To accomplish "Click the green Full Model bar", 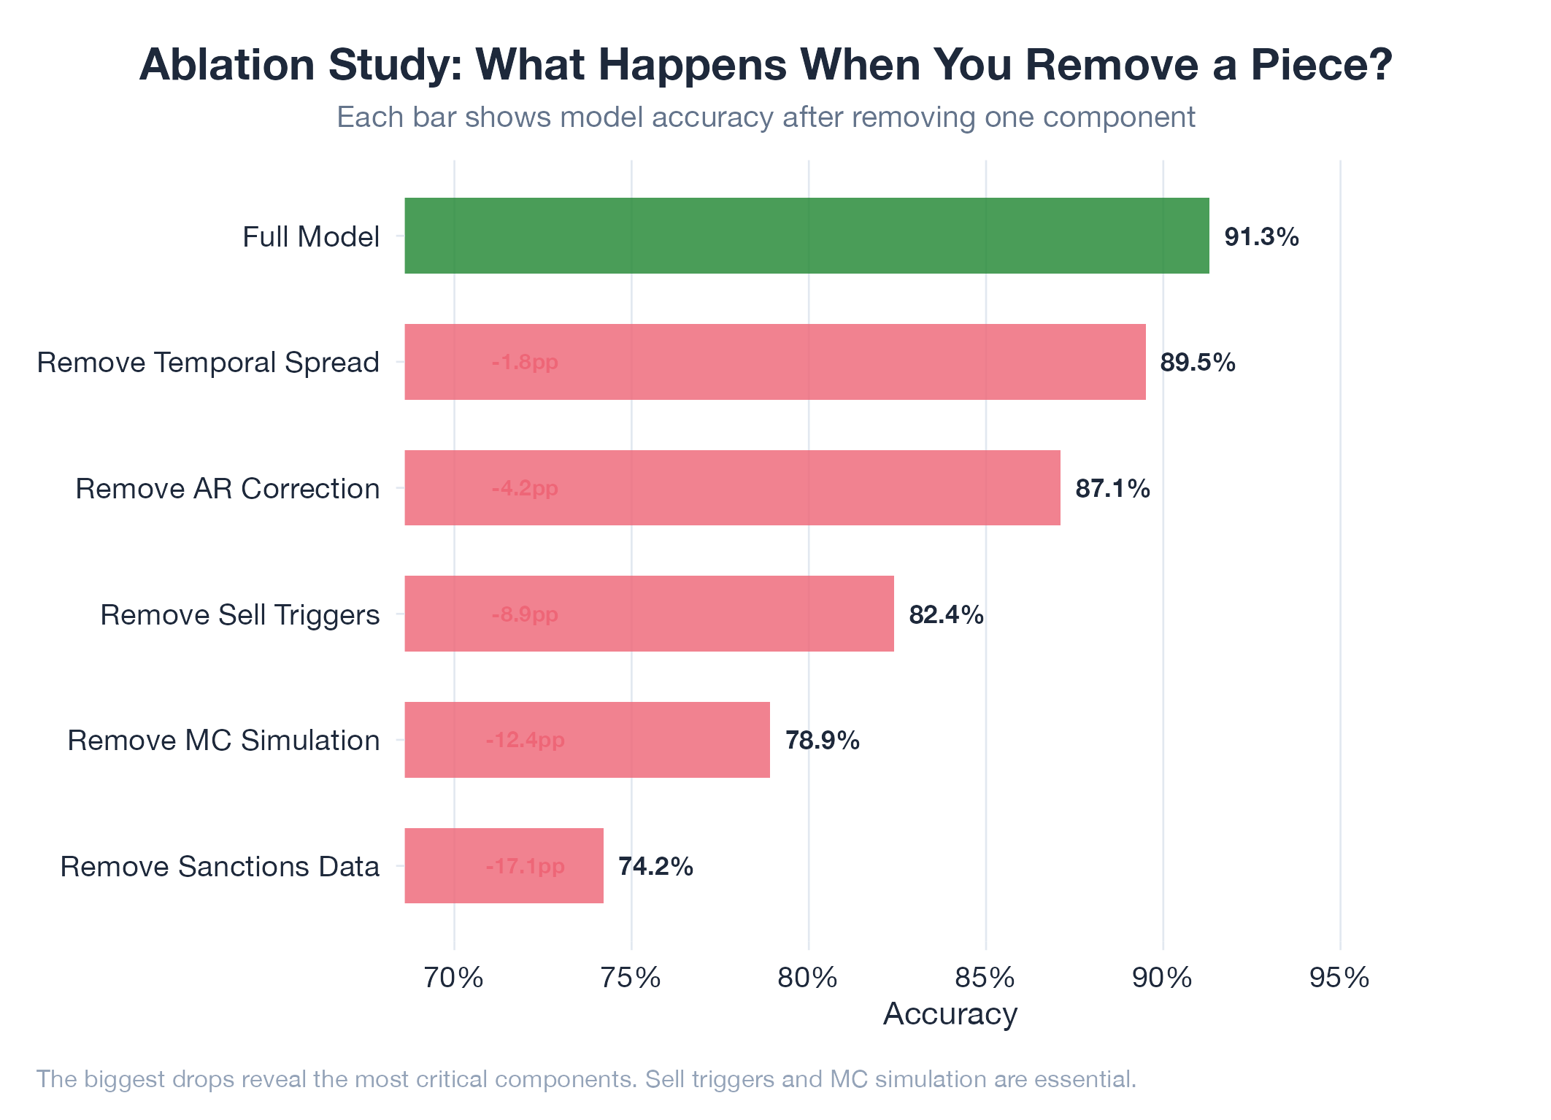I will point(807,236).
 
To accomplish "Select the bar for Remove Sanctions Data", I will point(504,865).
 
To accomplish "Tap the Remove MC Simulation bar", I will point(587,740).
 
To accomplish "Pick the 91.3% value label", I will point(1261,237).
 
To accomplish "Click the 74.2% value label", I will point(655,866).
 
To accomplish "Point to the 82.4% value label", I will point(946,615).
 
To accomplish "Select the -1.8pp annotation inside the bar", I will point(525,362).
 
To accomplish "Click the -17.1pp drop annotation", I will point(525,866).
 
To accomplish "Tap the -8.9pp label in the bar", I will point(525,614).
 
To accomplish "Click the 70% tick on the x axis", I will point(454,978).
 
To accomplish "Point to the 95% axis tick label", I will point(1339,978).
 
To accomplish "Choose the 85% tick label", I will point(985,978).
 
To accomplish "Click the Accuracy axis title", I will point(950,1014).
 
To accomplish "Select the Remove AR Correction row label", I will point(227,488).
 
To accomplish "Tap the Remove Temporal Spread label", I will point(208,362).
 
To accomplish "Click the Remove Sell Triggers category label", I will point(239,614).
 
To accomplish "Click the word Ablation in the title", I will point(227,64).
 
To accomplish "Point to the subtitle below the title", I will point(766,117).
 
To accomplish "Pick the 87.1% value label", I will point(1112,488).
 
